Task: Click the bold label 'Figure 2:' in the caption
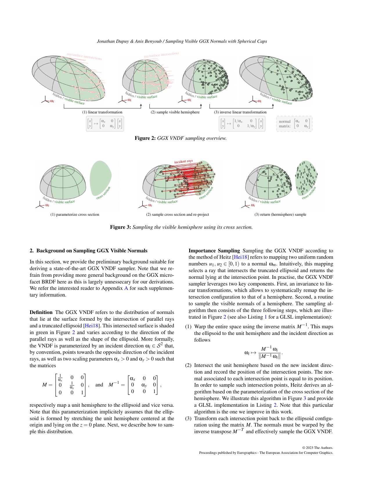click(145, 138)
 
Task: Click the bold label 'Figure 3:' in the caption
click(120, 227)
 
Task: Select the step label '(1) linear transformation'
click(102, 112)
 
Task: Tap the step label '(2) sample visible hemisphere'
click(175, 112)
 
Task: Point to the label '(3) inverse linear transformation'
click(240, 112)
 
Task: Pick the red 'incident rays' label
click(183, 161)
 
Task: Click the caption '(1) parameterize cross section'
click(75, 215)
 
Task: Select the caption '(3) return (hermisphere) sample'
click(280, 215)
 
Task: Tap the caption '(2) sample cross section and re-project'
click(177, 215)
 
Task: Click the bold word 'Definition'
click(41, 312)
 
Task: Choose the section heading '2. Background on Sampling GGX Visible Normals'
click(89, 251)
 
